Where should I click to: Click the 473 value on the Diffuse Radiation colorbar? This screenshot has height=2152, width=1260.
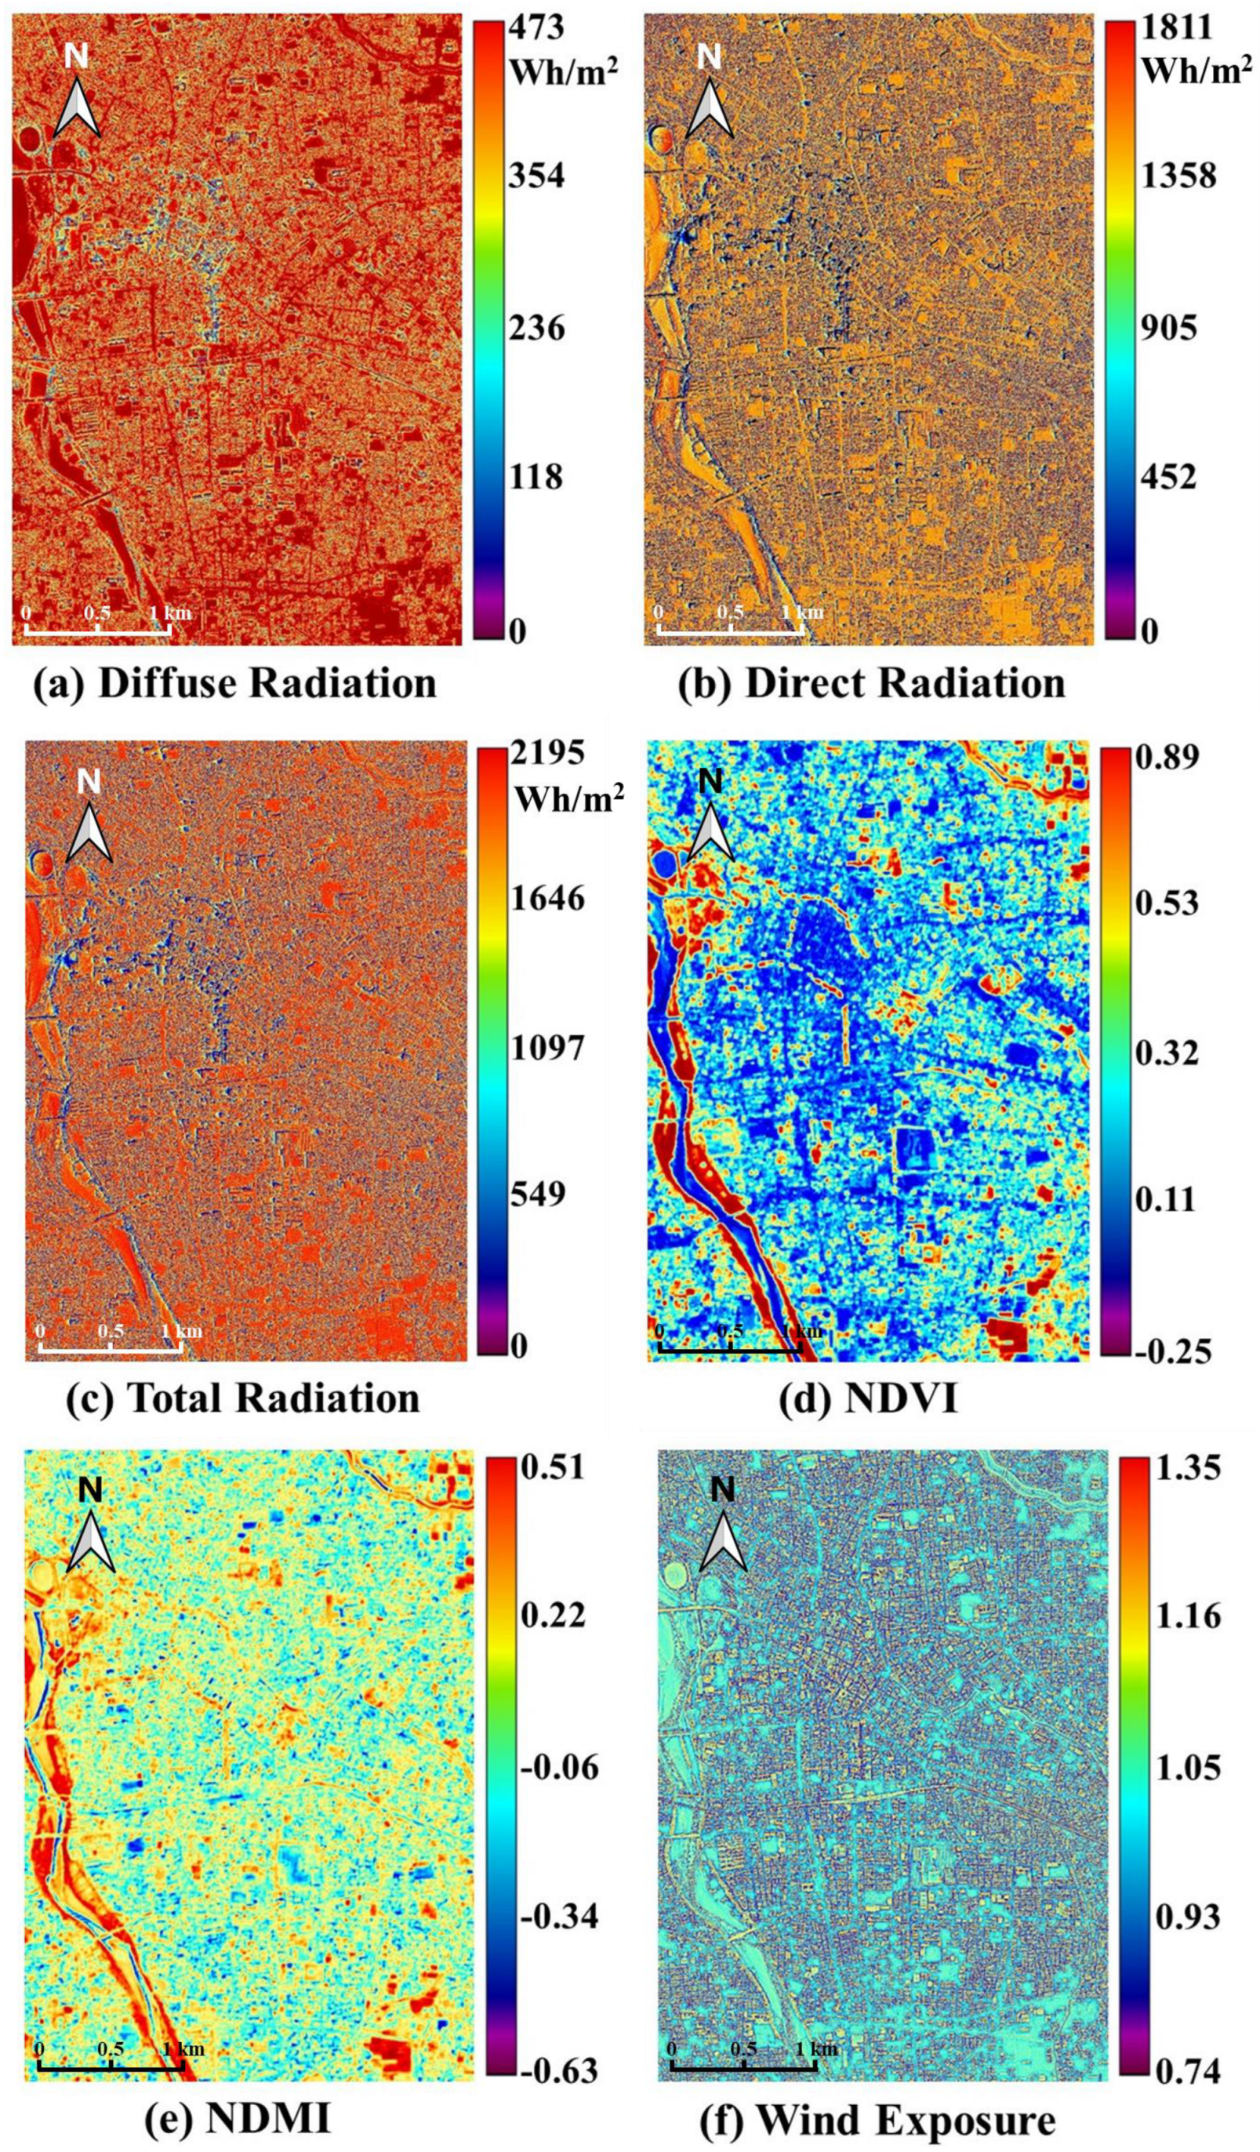(x=537, y=28)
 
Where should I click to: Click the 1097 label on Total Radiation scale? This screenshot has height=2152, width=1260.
(x=550, y=1048)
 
